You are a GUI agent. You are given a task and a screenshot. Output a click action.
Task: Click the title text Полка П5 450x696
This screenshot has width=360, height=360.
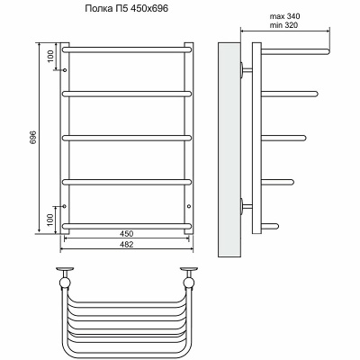[127, 9]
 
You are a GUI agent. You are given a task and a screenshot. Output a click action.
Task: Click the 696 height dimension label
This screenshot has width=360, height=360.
[33, 137]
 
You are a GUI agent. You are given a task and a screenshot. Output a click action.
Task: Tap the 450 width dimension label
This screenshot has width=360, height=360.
[127, 233]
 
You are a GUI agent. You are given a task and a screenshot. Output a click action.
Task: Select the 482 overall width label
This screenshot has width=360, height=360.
[127, 244]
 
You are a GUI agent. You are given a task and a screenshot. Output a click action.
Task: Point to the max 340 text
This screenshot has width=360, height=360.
[284, 16]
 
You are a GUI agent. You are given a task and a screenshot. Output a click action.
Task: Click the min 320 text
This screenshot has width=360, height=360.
[283, 25]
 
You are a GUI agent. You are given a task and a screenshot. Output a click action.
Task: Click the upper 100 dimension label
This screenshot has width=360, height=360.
[50, 56]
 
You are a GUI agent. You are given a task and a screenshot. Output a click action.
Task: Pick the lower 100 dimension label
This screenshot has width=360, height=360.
[50, 220]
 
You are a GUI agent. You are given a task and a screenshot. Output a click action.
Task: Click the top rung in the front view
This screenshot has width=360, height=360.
[127, 49]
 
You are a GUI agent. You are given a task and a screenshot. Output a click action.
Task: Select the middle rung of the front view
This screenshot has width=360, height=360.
[127, 138]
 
